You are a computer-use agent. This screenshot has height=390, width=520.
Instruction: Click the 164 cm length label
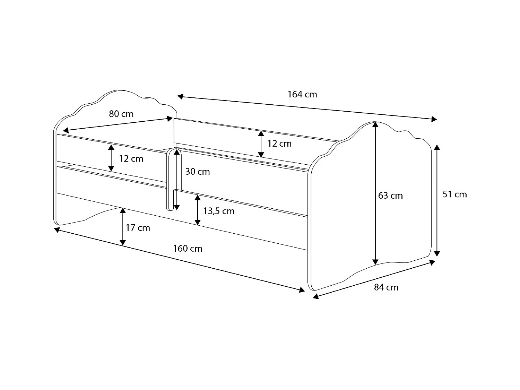tap(302, 94)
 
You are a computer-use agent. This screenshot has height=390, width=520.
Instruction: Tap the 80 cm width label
tap(121, 114)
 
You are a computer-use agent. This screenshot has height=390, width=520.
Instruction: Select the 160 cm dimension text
tap(188, 249)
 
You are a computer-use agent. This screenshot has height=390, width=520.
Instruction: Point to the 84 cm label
tap(386, 287)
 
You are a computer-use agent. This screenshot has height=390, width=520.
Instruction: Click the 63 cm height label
tap(390, 196)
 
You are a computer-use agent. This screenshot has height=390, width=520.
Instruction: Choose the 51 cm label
tap(454, 194)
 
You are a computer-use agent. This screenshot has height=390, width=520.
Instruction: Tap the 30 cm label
tap(197, 172)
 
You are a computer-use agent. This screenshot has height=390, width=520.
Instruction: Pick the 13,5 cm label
tap(219, 211)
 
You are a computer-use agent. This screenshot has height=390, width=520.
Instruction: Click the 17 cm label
tap(138, 228)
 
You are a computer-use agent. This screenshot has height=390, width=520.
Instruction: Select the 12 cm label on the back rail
tap(279, 144)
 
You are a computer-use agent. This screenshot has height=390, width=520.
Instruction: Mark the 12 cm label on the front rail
tap(131, 159)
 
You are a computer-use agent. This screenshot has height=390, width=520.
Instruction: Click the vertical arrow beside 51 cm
tap(437, 200)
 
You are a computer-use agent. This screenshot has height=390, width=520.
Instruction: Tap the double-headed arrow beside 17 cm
tap(123, 227)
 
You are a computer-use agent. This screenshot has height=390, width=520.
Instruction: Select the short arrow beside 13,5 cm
tap(198, 210)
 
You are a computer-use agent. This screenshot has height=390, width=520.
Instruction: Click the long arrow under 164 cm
tap(307, 107)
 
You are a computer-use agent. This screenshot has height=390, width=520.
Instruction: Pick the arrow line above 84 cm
tap(374, 279)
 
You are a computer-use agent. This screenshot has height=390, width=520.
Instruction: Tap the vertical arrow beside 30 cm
tap(177, 179)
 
